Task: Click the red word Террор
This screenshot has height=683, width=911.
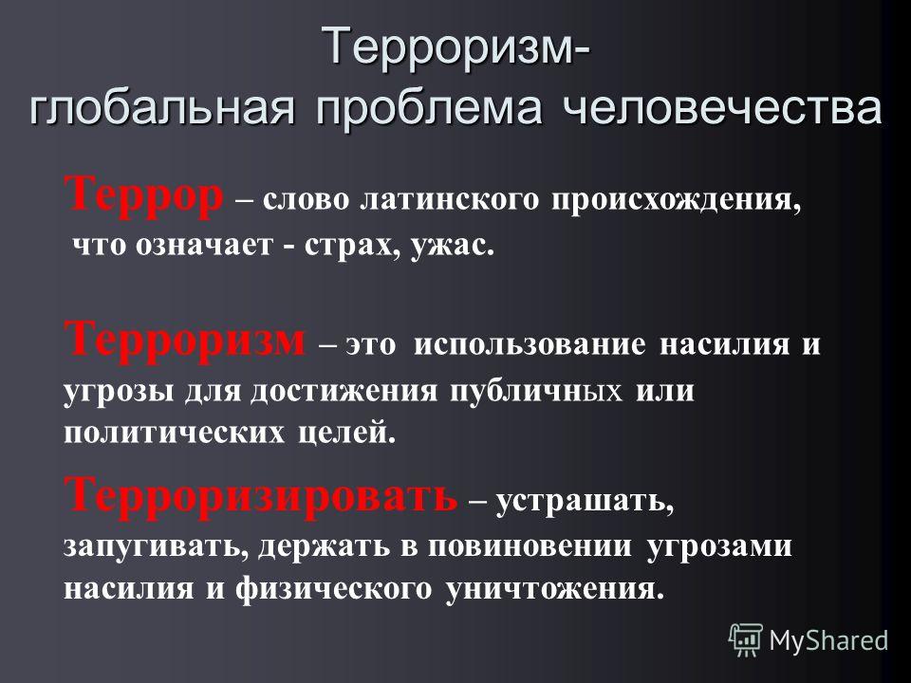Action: click(x=143, y=196)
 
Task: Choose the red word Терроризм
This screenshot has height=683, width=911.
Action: click(x=184, y=339)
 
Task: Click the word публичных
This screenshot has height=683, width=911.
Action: click(x=535, y=390)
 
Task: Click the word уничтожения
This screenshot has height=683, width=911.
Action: click(x=555, y=589)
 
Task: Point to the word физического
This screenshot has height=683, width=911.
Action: click(x=334, y=590)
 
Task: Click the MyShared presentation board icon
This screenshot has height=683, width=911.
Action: click(x=746, y=640)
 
